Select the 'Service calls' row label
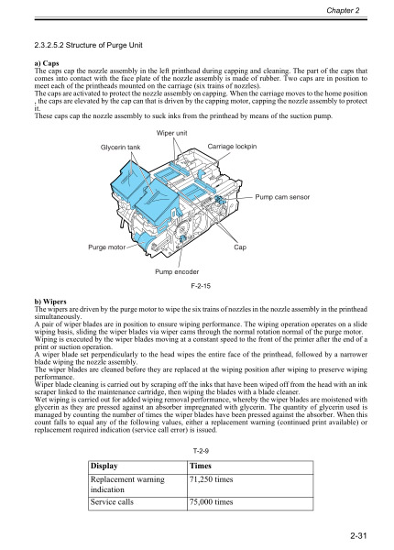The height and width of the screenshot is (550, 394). coord(121,503)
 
